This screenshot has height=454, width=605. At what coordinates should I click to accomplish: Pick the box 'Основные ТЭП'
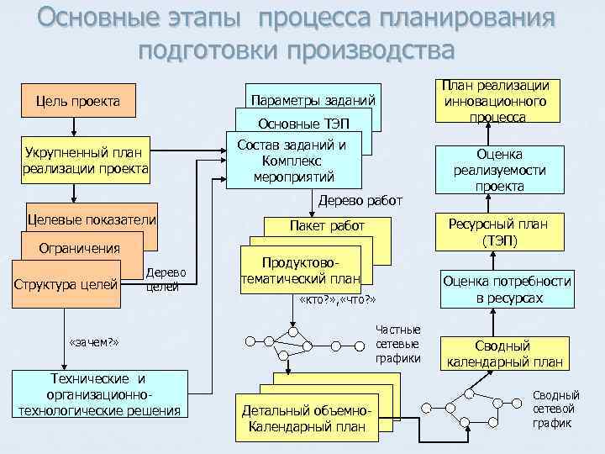[303, 124]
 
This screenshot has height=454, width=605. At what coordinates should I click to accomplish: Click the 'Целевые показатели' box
[92, 219]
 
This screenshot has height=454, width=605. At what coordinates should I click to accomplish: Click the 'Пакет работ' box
[327, 226]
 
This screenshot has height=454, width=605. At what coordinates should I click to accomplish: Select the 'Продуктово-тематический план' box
[300, 271]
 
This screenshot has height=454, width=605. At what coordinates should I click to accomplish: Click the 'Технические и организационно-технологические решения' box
[99, 394]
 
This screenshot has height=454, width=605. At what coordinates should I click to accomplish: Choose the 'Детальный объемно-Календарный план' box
[306, 419]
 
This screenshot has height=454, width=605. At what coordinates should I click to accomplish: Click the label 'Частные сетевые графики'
[398, 345]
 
